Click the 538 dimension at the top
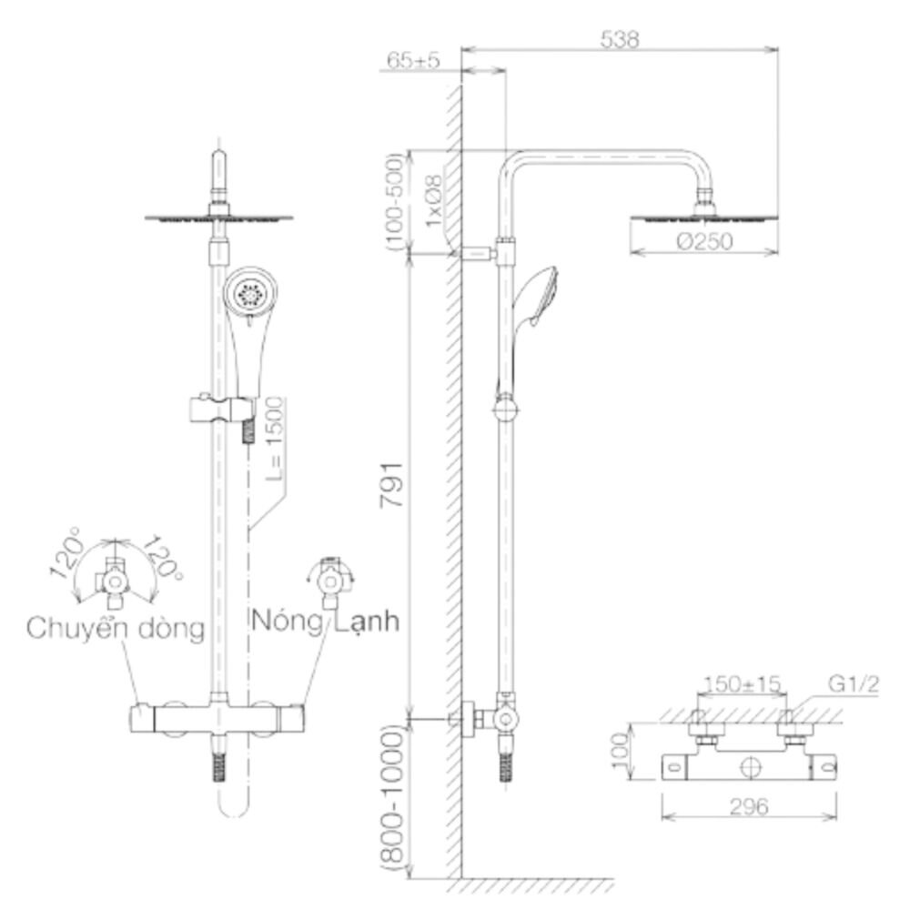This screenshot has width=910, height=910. [619, 39]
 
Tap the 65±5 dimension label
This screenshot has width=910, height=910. [413, 60]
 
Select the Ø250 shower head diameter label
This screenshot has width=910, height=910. [704, 241]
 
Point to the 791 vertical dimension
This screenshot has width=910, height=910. [391, 485]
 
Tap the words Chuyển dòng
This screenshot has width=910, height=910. [116, 627]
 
